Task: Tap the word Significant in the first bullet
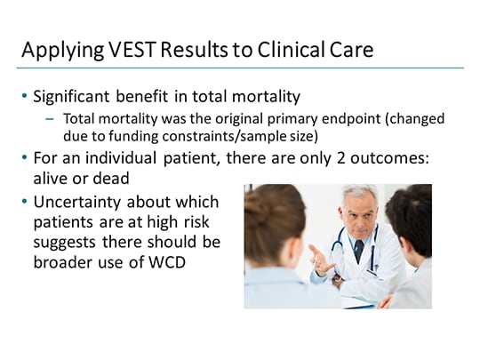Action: [77, 96]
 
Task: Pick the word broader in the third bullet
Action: [63, 260]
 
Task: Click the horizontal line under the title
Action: [240, 68]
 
